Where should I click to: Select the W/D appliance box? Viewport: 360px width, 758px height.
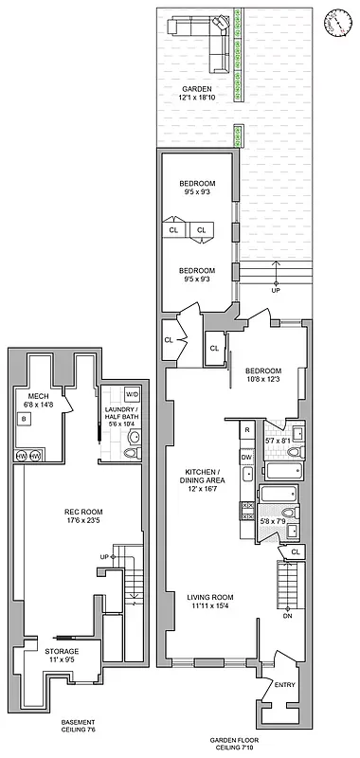(132, 394)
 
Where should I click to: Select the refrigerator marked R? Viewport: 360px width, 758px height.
(246, 430)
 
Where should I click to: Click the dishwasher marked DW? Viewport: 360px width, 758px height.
(246, 456)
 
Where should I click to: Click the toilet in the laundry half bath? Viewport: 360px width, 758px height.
(134, 438)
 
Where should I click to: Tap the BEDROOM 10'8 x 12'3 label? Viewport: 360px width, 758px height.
(264, 375)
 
